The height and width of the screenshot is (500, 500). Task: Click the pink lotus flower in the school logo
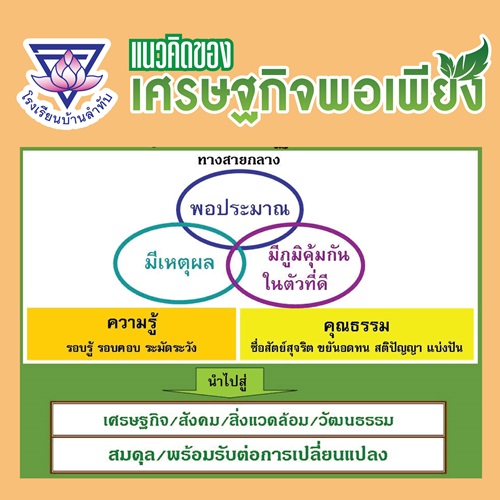[x=68, y=72]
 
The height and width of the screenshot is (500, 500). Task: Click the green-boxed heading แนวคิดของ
[x=181, y=55]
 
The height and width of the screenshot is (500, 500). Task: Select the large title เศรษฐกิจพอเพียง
[x=307, y=91]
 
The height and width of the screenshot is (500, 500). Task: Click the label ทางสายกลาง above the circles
[x=239, y=160]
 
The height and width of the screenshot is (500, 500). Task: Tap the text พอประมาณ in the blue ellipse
[x=240, y=209]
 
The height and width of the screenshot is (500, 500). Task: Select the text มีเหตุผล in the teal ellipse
[x=179, y=263]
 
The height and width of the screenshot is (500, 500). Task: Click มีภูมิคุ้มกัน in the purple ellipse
[x=309, y=255]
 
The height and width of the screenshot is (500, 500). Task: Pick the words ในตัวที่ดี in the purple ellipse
[x=295, y=283]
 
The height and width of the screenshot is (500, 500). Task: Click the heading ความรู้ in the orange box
[x=132, y=323]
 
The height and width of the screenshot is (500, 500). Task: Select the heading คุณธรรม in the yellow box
[x=356, y=326]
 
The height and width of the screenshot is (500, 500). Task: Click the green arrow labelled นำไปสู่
[x=230, y=383]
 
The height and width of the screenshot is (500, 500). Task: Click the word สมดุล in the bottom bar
[x=132, y=455]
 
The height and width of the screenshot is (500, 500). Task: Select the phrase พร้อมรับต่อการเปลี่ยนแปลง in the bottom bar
[x=277, y=455]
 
